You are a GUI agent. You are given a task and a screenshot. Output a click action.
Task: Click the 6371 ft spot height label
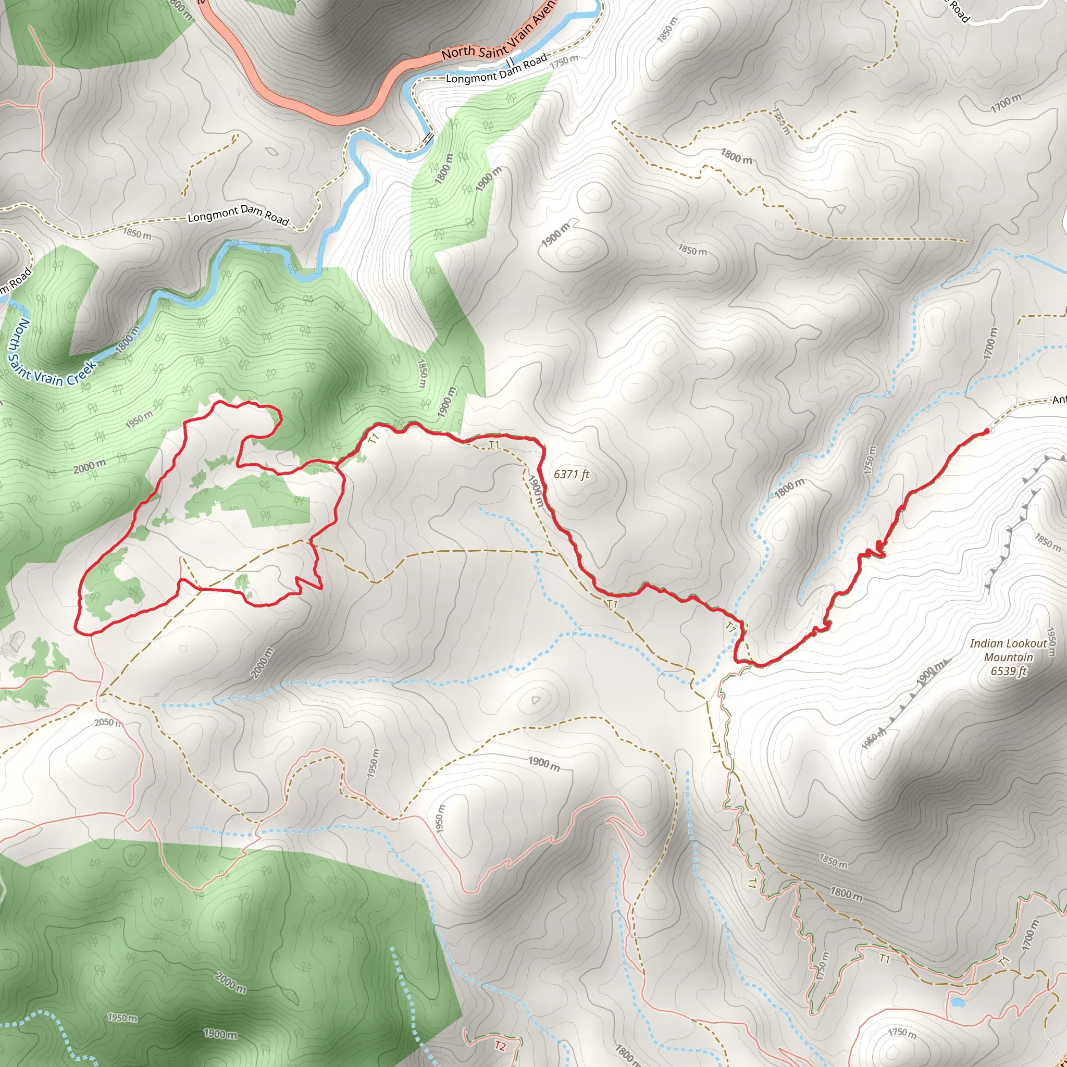tap(572, 475)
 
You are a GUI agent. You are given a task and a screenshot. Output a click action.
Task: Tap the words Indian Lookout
tap(1008, 643)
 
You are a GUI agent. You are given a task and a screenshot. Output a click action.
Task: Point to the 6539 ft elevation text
tap(1009, 671)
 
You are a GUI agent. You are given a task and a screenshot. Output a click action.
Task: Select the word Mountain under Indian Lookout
tap(1009, 657)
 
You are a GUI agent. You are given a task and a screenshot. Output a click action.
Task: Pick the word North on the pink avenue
tap(458, 53)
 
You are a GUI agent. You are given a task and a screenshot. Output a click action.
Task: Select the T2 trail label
tap(500, 1046)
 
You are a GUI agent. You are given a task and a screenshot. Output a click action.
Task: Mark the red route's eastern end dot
tap(987, 431)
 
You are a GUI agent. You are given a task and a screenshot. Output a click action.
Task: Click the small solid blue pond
tap(957, 1002)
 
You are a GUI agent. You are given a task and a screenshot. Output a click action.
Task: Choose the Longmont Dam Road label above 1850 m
tap(239, 214)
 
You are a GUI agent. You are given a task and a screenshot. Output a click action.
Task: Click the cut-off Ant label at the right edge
tap(1059, 400)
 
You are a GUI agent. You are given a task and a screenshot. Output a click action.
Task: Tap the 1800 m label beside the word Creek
tap(128, 339)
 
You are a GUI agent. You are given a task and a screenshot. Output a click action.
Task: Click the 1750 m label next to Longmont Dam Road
tap(564, 61)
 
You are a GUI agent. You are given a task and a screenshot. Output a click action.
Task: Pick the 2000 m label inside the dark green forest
tap(230, 983)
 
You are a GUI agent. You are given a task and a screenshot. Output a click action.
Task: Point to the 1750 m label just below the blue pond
tap(902, 1032)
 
